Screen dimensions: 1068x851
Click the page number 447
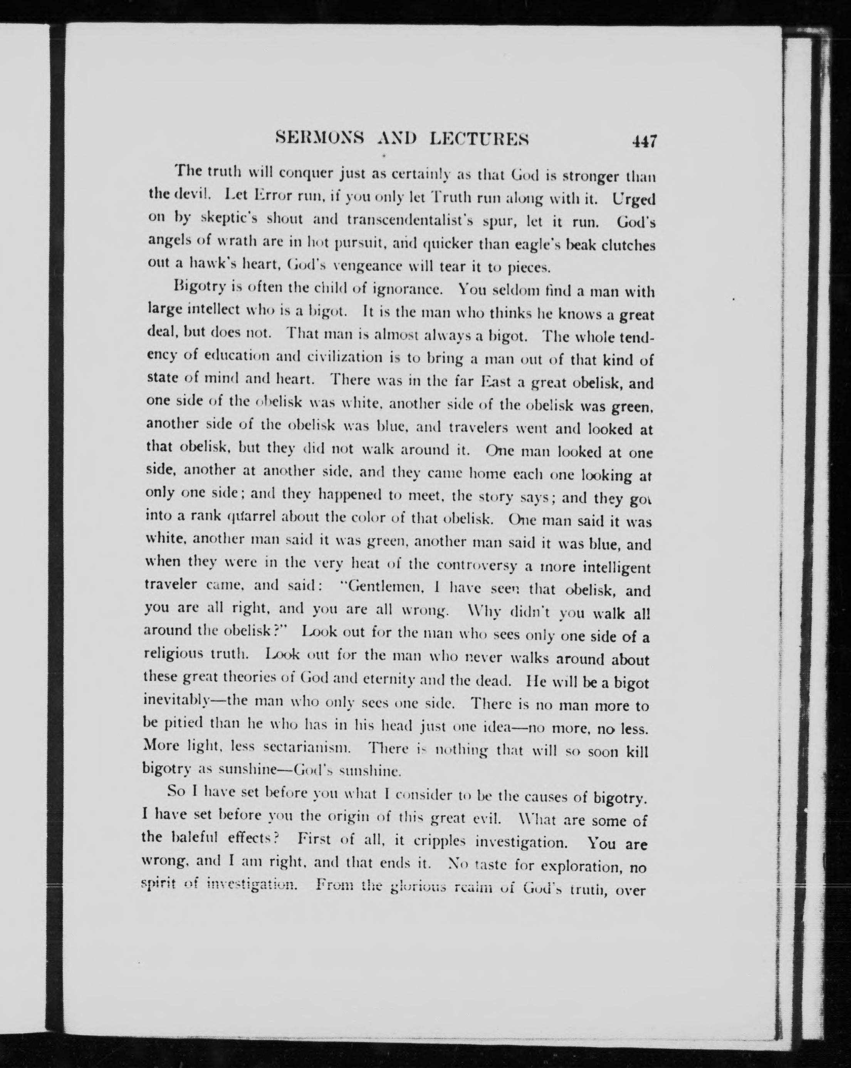(x=644, y=141)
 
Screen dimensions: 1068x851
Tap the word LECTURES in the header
(x=479, y=139)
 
